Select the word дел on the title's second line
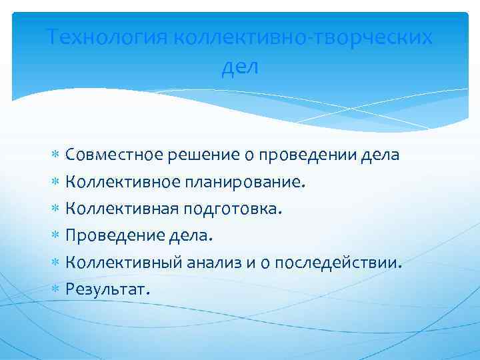[x=239, y=66]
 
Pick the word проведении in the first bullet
[x=296, y=155]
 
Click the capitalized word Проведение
[x=110, y=235]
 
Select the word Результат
[x=107, y=289]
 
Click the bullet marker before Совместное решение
[x=56, y=156]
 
